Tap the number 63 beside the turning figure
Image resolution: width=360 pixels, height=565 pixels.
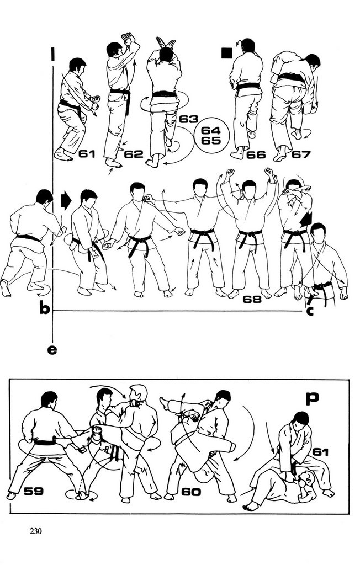click(x=188, y=119)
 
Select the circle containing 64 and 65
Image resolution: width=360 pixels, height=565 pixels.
click(x=211, y=136)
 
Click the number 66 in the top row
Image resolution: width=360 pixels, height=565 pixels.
click(x=256, y=155)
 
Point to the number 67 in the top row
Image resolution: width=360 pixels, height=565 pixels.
click(x=301, y=154)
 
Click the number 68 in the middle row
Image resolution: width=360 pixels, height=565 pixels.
click(x=252, y=299)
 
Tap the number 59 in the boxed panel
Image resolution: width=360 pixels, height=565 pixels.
click(x=34, y=491)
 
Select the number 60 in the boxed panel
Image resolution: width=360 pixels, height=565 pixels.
click(x=191, y=492)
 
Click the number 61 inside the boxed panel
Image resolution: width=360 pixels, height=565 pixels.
click(x=320, y=452)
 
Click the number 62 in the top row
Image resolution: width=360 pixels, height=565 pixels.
click(x=134, y=154)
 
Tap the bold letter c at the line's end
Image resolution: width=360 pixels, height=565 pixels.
click(x=310, y=311)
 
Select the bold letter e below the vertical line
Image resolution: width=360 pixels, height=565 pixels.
click(x=52, y=349)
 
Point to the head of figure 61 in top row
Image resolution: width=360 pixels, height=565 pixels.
click(x=77, y=65)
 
